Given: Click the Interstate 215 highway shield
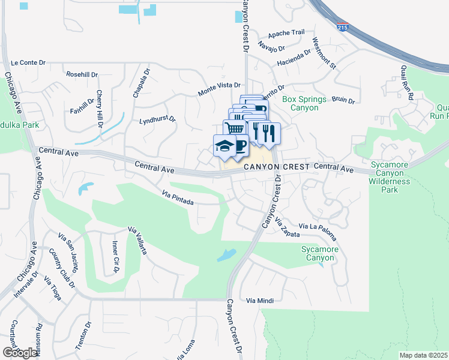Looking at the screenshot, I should coord(343,28).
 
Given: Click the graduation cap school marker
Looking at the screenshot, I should coord(224,146).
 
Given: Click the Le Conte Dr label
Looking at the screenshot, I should coord(29,62).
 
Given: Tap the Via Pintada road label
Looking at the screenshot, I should coord(178,198).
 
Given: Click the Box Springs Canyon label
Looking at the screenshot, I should coord(304,103).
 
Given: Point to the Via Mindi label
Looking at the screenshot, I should coord(260,300).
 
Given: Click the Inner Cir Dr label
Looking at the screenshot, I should coord(116,256).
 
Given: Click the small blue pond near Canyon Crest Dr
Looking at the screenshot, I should coord(226,255).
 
